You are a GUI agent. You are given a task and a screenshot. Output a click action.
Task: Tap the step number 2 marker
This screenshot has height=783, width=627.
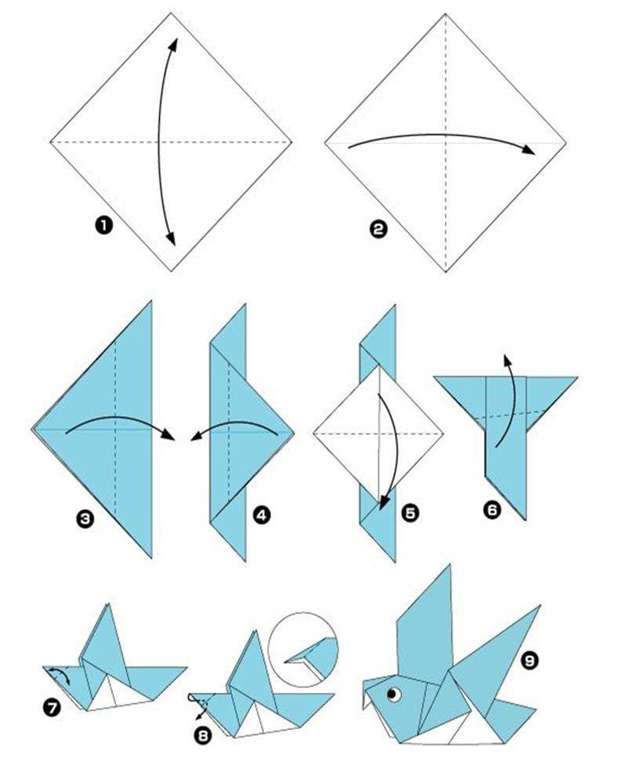[379, 229]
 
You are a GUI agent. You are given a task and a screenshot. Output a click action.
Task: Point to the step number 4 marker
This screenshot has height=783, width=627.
[262, 515]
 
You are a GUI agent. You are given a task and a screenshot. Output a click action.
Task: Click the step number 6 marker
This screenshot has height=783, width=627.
[492, 510]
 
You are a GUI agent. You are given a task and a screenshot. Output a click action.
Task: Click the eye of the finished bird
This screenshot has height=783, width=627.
[393, 694]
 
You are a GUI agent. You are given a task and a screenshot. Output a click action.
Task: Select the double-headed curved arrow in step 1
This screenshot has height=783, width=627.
[161, 141]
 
